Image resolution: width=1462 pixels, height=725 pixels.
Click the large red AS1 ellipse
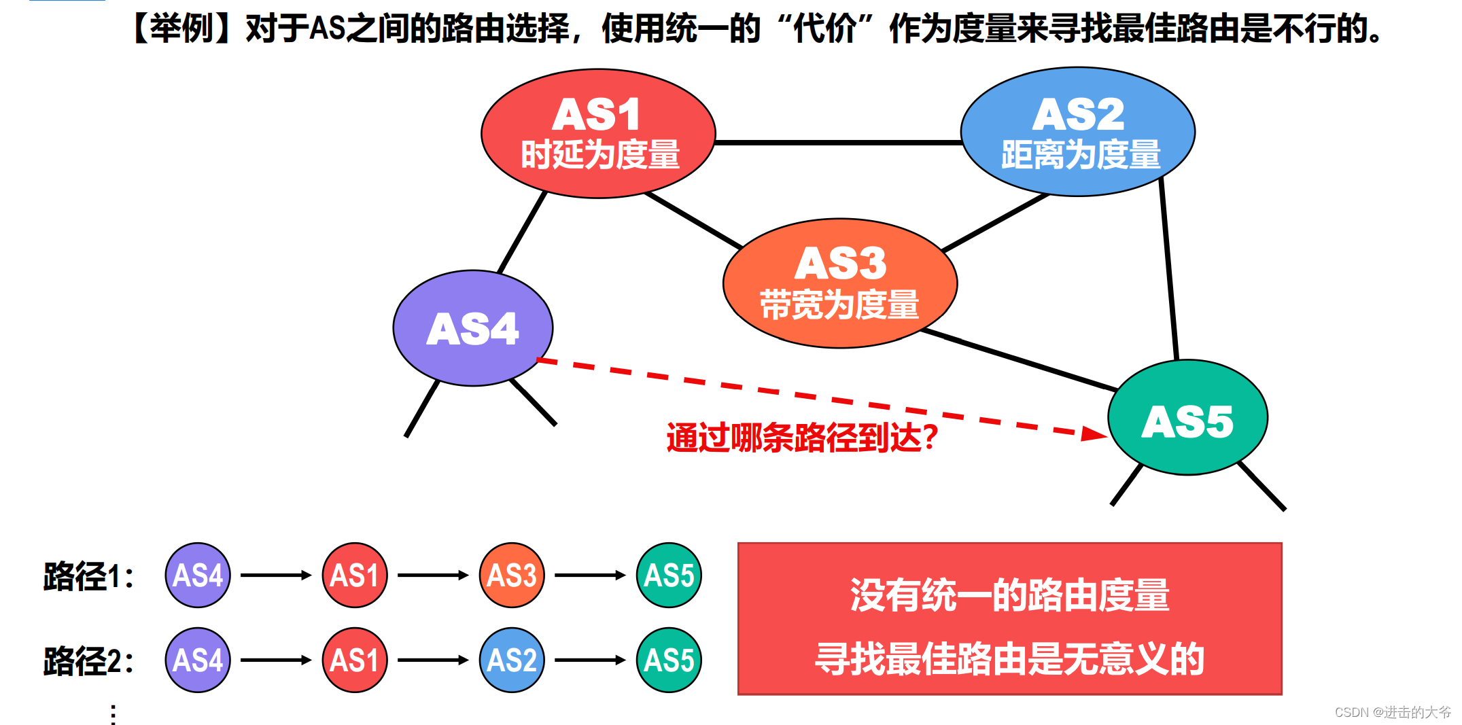point(598,133)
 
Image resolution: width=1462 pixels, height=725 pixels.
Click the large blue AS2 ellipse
point(1077,132)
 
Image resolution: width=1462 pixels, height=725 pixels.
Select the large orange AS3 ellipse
point(840,283)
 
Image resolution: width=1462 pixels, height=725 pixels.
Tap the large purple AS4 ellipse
point(473,328)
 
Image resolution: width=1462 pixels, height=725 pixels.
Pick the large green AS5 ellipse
point(1187,417)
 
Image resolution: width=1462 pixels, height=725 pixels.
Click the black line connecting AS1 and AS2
point(838,143)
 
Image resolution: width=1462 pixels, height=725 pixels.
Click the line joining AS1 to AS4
point(522,232)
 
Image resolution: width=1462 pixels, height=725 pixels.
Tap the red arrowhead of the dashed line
point(1093,434)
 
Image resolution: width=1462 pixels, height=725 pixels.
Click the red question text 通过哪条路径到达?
point(802,438)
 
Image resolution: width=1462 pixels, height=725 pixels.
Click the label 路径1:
point(88,576)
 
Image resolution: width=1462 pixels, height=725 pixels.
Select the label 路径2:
point(88,660)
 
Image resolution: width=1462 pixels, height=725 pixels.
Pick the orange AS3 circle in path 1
point(512,576)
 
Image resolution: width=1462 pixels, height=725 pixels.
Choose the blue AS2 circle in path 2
point(512,660)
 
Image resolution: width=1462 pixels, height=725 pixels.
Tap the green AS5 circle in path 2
point(669,660)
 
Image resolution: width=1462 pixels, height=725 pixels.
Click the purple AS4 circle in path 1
point(198,576)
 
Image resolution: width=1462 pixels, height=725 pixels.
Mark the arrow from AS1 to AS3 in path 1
point(433,576)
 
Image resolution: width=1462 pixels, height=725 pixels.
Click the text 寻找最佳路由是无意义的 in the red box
point(1009,659)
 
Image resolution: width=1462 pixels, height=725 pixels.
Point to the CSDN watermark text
point(1392,712)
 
